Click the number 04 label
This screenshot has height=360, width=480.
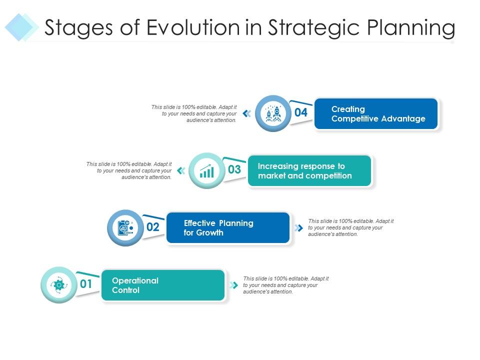click(x=300, y=112)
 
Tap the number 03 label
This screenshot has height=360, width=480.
click(x=234, y=169)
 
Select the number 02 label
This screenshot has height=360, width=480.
click(x=152, y=227)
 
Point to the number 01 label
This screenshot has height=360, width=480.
click(x=86, y=284)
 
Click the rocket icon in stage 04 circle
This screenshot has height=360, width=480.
click(x=272, y=113)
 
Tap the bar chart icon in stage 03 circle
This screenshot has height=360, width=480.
click(x=206, y=170)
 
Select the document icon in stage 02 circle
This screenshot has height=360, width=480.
click(x=125, y=228)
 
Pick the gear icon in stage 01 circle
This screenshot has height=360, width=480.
click(x=58, y=285)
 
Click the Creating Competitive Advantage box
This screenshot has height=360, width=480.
click(x=376, y=114)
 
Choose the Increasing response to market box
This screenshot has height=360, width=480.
click(x=309, y=171)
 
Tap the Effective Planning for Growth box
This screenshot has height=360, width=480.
click(x=228, y=228)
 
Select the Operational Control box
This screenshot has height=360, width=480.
click(x=163, y=285)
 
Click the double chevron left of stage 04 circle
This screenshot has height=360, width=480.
click(x=246, y=113)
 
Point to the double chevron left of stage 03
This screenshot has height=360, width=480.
click(x=181, y=170)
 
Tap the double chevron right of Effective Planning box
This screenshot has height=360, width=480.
click(x=299, y=228)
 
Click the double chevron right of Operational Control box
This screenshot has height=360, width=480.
click(x=233, y=285)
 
